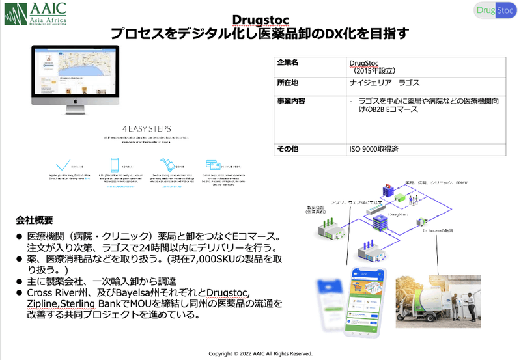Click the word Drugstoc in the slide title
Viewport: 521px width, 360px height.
point(260,20)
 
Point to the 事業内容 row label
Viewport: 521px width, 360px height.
point(290,102)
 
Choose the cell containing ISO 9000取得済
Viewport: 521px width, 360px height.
point(374,149)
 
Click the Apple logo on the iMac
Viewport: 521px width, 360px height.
point(76,102)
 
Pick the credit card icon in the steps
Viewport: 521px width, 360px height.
point(212,165)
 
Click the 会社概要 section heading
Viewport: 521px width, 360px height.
point(35,220)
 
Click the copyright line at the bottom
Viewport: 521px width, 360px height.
point(260,353)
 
